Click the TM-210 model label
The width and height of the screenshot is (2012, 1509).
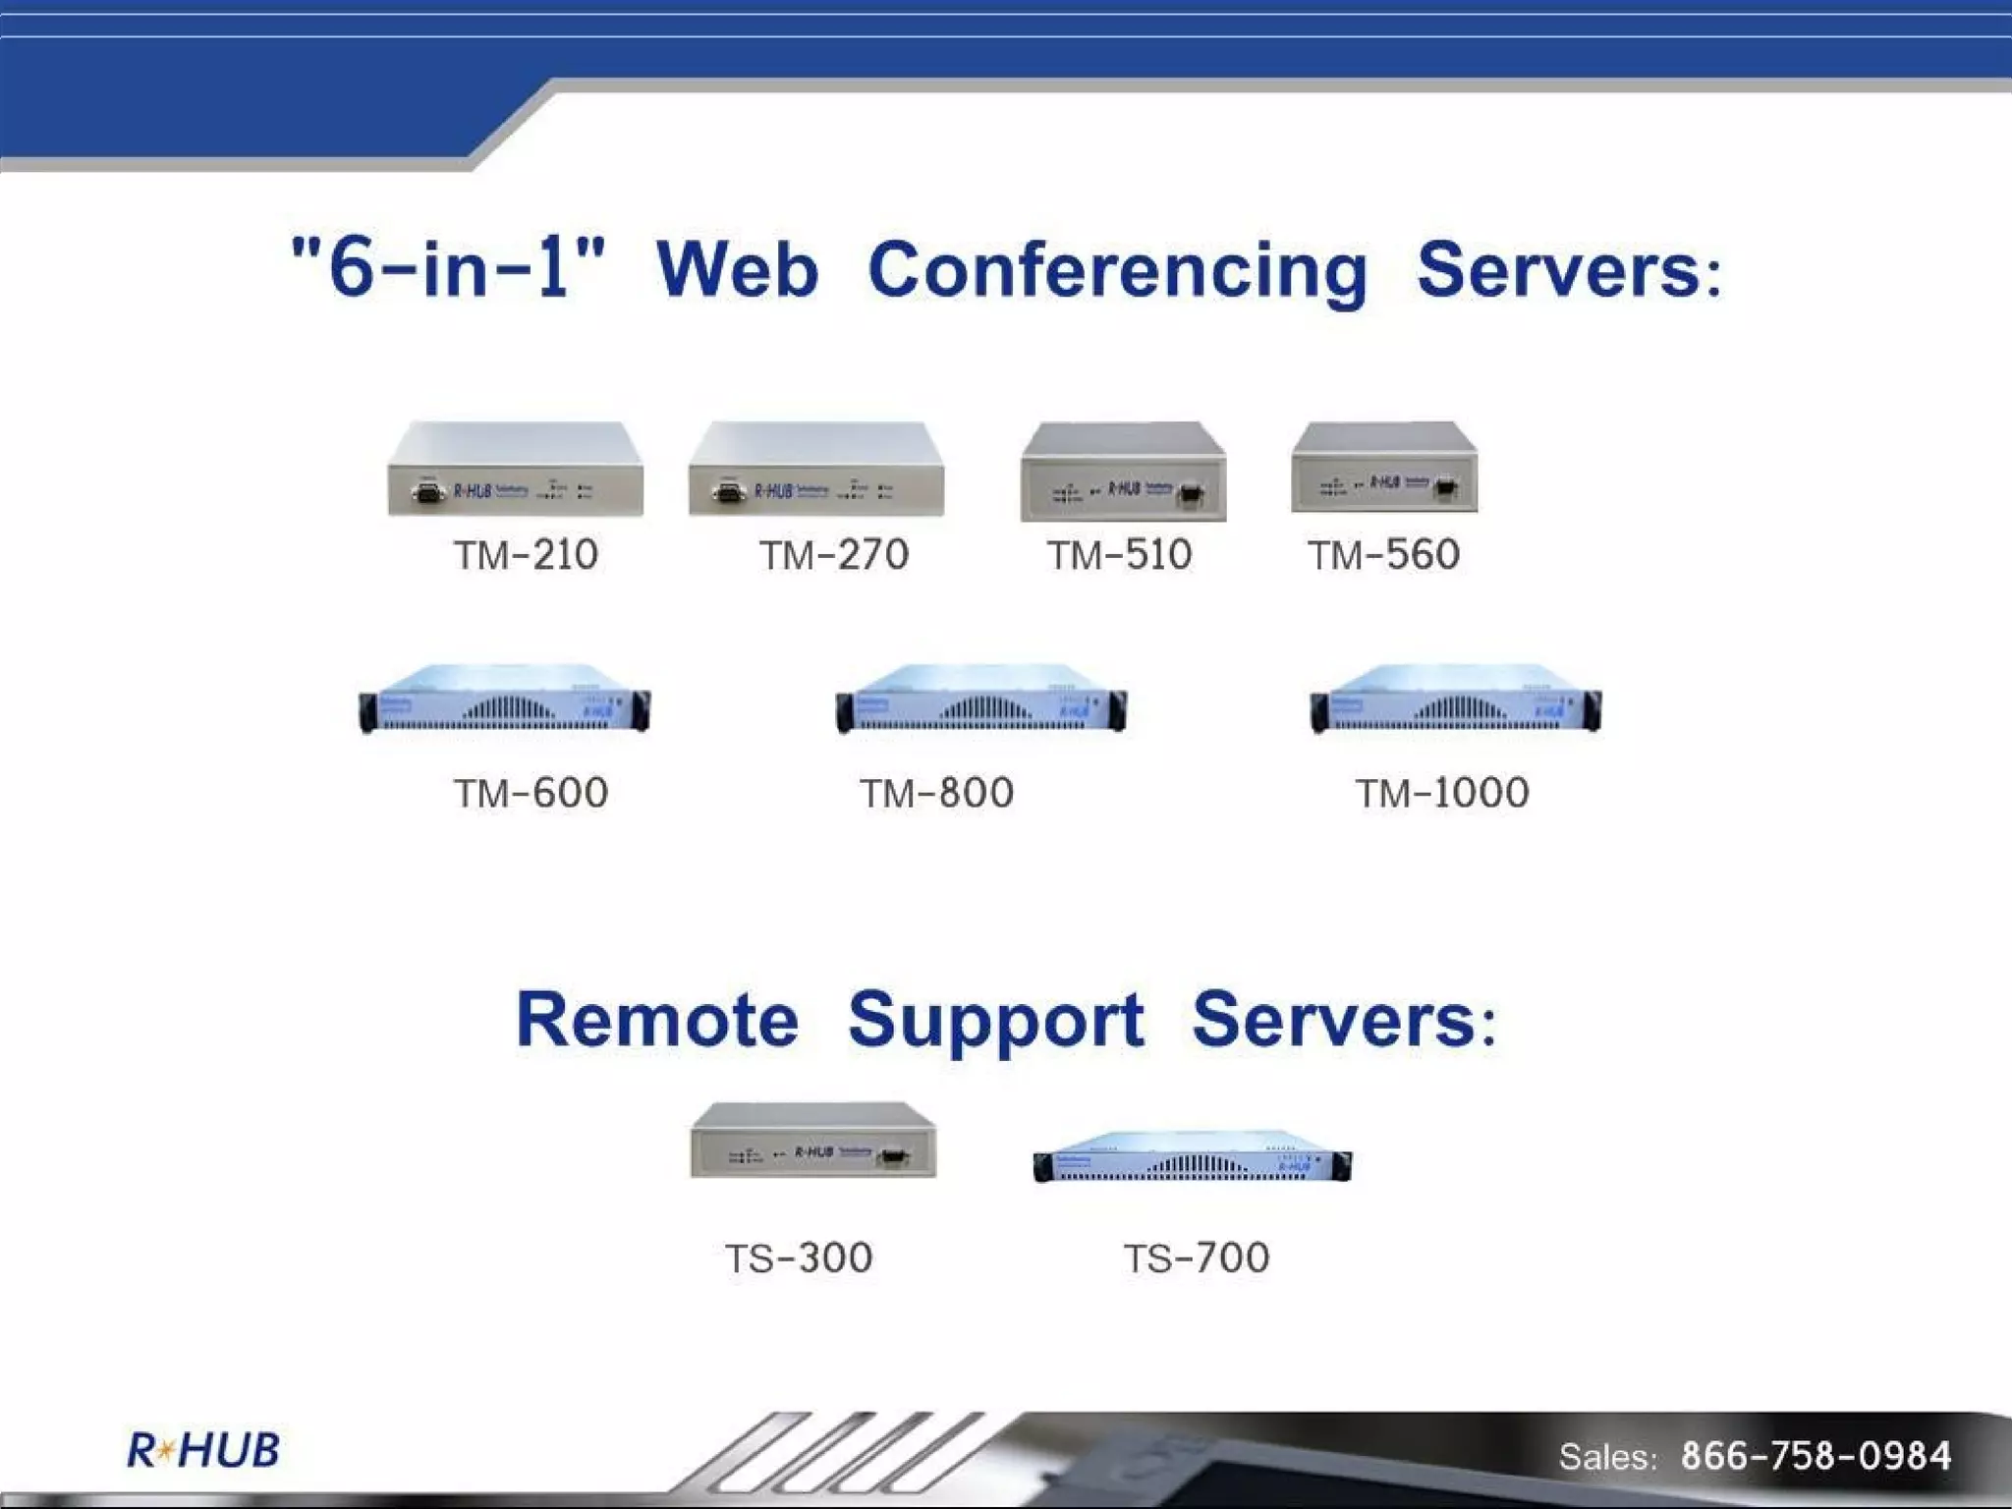[x=526, y=555]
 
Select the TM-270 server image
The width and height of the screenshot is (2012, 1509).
[x=816, y=470]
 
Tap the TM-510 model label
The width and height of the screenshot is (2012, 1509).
[x=1119, y=555]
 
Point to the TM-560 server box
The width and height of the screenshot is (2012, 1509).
[x=1384, y=468]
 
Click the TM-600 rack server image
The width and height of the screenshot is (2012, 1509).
[x=504, y=699]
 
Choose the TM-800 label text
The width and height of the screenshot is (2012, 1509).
[x=936, y=793]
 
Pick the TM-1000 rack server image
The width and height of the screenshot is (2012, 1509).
[x=1455, y=699]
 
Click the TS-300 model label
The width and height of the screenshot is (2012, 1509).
[x=799, y=1257]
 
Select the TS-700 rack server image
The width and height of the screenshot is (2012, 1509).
[x=1192, y=1156]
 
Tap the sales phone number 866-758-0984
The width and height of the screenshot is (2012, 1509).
[x=1816, y=1455]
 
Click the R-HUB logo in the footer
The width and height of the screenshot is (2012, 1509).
[x=203, y=1450]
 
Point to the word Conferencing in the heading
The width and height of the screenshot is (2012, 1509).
[x=1117, y=270]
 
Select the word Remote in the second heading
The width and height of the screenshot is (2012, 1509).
[x=657, y=1020]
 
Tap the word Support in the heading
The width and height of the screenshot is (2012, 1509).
[x=995, y=1022]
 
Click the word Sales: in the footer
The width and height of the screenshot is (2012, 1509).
[x=1608, y=1456]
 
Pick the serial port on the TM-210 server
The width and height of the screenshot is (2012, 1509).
[x=427, y=492]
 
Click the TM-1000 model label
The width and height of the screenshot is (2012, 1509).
[x=1442, y=793]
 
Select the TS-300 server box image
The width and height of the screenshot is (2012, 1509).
[x=813, y=1140]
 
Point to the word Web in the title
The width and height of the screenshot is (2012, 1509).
[x=737, y=270]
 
